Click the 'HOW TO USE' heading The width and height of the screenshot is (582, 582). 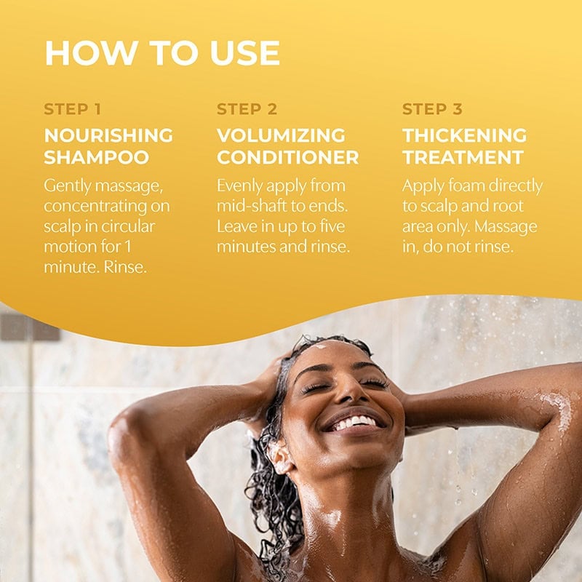click(x=162, y=52)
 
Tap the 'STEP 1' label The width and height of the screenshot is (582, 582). click(x=72, y=109)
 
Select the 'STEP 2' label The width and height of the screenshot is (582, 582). click(x=247, y=109)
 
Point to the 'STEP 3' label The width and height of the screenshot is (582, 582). click(x=432, y=109)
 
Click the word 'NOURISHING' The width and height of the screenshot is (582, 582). click(x=108, y=135)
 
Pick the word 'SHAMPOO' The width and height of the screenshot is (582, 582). click(x=97, y=157)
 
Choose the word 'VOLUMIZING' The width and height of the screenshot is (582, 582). click(x=281, y=135)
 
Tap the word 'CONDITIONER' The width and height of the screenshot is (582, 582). click(x=287, y=157)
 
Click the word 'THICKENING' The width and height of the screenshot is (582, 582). click(x=464, y=135)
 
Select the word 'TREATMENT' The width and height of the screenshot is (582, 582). click(x=463, y=157)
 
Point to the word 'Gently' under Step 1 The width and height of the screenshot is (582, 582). click(x=68, y=186)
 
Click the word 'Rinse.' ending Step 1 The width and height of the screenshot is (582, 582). click(x=125, y=267)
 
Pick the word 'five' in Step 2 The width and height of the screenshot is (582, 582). click(x=332, y=226)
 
